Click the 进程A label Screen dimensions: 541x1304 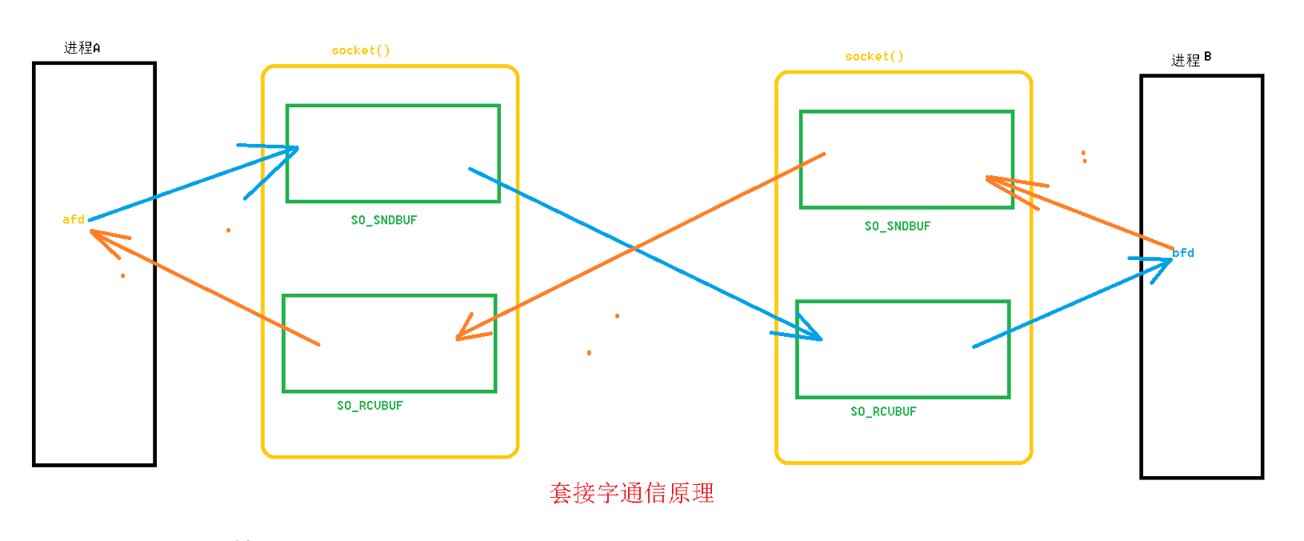[82, 48]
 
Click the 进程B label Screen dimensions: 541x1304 [1190, 59]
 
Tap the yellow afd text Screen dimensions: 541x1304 [74, 219]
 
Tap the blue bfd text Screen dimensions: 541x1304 [1183, 253]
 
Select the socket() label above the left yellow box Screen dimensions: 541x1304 [361, 50]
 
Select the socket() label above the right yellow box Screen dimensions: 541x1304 [874, 57]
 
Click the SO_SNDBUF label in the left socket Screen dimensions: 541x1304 [384, 220]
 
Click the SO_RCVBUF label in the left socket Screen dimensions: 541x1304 [370, 406]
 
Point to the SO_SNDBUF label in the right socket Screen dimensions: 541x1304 [898, 226]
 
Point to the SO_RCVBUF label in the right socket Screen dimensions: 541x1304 [883, 411]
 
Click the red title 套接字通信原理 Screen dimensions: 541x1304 [632, 493]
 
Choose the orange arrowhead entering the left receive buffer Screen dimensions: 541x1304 [463, 335]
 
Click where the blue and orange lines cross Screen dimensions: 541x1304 [634, 248]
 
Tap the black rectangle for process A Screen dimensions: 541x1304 [94, 360]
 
